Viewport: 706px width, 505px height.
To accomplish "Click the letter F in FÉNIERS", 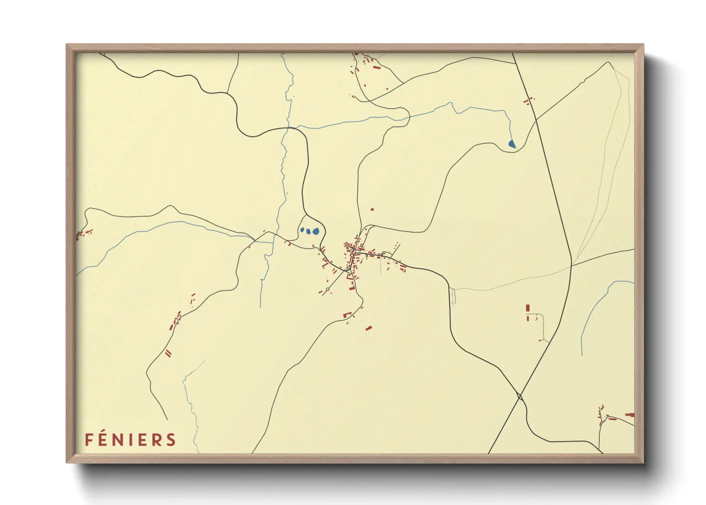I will [x=89, y=440].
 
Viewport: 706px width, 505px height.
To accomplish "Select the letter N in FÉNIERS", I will [x=120, y=440].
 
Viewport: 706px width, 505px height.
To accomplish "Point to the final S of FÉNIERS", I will [x=172, y=440].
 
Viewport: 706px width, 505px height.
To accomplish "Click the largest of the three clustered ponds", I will [x=316, y=231].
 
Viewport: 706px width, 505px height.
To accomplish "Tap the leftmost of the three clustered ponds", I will [x=302, y=230].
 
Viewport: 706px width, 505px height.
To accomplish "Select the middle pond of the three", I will [x=309, y=232].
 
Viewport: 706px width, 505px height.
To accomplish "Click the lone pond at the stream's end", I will [x=512, y=144].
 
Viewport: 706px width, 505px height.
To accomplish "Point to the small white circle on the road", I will [x=328, y=289].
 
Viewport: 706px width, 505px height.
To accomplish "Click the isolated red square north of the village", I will [x=372, y=209].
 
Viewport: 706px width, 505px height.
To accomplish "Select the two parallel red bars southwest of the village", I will [x=168, y=353].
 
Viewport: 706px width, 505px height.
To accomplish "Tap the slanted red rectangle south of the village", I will [x=368, y=328].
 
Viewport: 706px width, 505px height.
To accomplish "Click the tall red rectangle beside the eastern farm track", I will [x=528, y=308].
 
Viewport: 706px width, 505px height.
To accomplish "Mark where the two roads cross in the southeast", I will [x=519, y=396].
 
